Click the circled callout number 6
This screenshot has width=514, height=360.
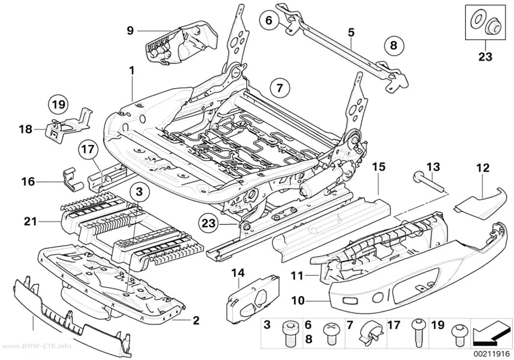[x=269, y=20]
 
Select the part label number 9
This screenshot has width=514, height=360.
[x=130, y=31]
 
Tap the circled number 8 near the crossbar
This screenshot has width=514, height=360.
[x=394, y=45]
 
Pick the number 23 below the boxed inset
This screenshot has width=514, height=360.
[x=485, y=56]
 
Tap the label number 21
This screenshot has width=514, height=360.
[x=30, y=222]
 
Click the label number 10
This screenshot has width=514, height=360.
[x=298, y=301]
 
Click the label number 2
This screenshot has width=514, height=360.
[x=196, y=320]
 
